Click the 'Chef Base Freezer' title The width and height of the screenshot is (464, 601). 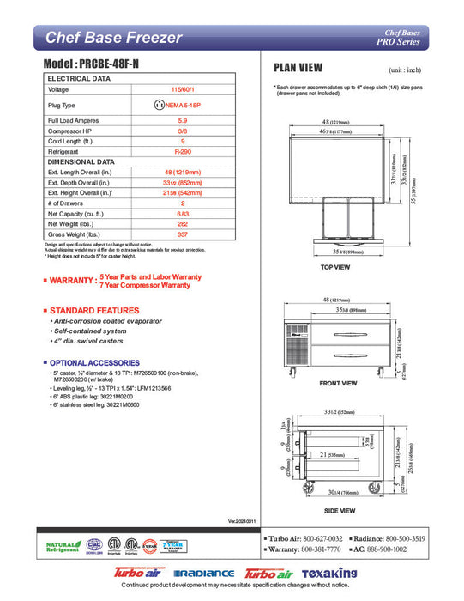pyautogui.click(x=113, y=38)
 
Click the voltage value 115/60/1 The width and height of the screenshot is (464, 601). pyautogui.click(x=182, y=89)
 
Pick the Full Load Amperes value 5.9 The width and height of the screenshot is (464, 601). pyautogui.click(x=182, y=121)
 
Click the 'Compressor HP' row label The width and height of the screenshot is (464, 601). pyautogui.click(x=71, y=131)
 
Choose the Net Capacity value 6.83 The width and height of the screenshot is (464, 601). pyautogui.click(x=182, y=211)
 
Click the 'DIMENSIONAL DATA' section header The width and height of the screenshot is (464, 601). pyautogui.click(x=81, y=161)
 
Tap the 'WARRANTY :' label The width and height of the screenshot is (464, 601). pyautogui.click(x=71, y=281)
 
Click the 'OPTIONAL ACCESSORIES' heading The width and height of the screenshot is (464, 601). pyautogui.click(x=92, y=362)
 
